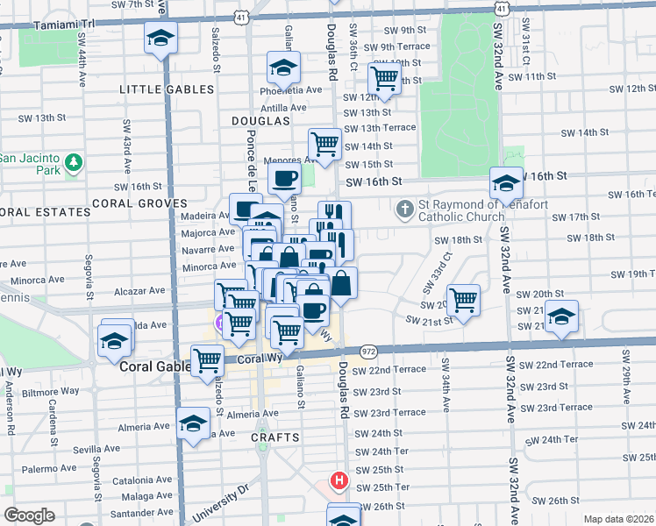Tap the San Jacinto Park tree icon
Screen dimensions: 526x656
(x=75, y=162)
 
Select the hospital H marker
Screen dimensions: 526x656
(x=339, y=480)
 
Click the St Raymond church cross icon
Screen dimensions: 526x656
(x=404, y=208)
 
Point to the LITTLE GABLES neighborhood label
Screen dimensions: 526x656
(x=166, y=89)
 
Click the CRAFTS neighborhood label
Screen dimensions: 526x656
(x=274, y=437)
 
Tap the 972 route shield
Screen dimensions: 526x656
(x=368, y=349)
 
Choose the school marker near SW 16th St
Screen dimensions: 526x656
(x=506, y=182)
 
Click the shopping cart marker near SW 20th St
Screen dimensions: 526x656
(x=463, y=300)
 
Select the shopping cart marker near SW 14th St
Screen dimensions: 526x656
(x=324, y=144)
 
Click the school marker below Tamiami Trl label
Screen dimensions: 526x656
(x=160, y=38)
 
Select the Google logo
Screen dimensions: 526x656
(x=29, y=515)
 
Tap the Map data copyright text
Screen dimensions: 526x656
(x=617, y=519)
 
